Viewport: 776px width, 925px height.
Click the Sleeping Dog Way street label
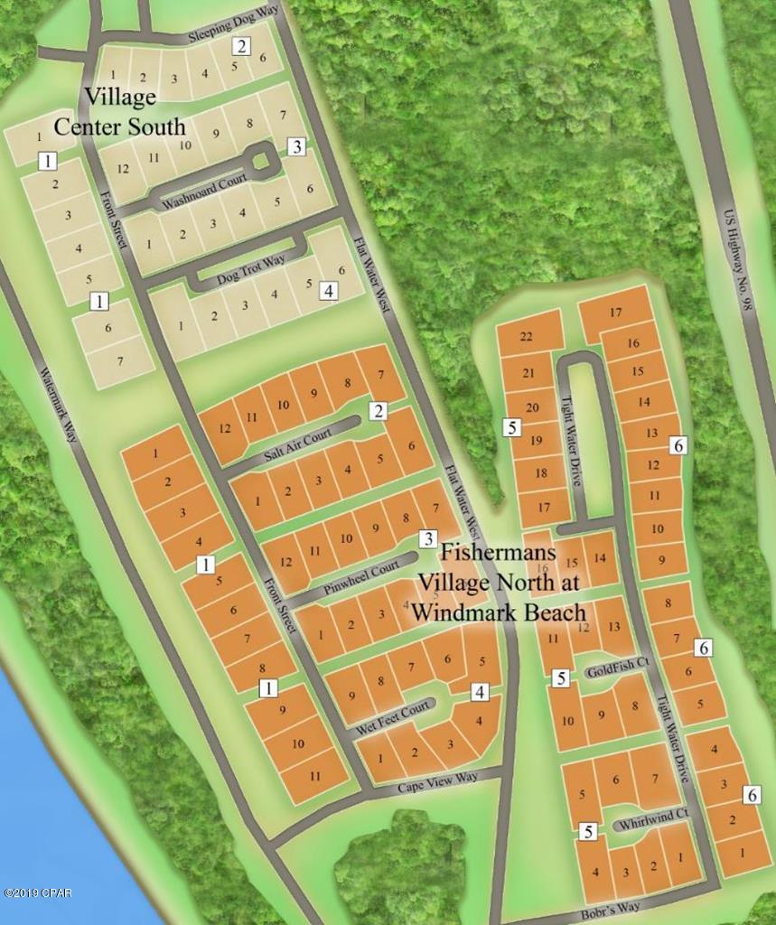[x=224, y=27]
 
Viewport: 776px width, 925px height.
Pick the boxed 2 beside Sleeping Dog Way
[x=241, y=46]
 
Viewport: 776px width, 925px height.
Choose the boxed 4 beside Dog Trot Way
[x=329, y=291]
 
